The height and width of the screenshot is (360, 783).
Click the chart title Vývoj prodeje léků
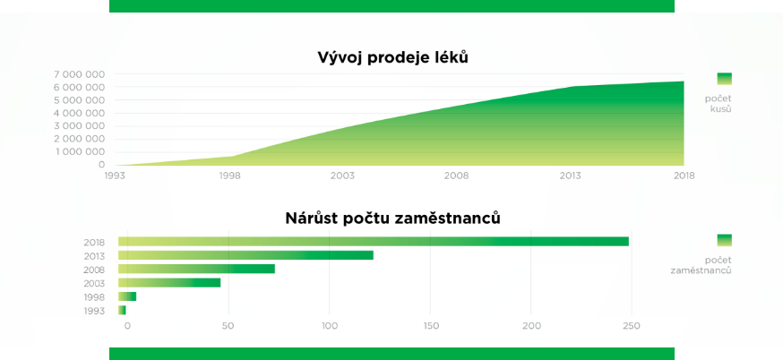click(393, 58)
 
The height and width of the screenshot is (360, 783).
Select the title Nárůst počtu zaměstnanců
click(393, 219)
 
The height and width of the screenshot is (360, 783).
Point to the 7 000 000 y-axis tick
click(80, 74)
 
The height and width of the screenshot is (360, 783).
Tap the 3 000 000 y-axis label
click(80, 126)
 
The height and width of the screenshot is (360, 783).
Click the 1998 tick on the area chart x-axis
click(229, 176)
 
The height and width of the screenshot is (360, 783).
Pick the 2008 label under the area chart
click(457, 176)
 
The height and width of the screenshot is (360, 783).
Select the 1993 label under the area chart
click(115, 176)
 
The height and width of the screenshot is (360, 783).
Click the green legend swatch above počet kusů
click(724, 79)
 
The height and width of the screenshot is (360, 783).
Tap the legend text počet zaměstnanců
click(701, 265)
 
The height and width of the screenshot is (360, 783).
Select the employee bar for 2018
click(374, 242)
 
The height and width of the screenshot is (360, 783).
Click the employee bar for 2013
click(245, 255)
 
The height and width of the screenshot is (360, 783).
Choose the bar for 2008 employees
click(197, 269)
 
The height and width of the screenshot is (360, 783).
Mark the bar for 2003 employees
click(169, 283)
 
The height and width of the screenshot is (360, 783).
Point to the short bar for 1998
click(127, 296)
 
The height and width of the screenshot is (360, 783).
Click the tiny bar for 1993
click(123, 310)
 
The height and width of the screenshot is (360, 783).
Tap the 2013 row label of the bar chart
click(94, 256)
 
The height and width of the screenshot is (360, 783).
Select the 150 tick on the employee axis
click(430, 326)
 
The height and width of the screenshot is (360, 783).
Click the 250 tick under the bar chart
click(632, 326)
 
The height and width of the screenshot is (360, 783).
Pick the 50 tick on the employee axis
click(228, 326)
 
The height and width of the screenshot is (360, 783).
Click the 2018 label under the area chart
click(684, 176)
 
